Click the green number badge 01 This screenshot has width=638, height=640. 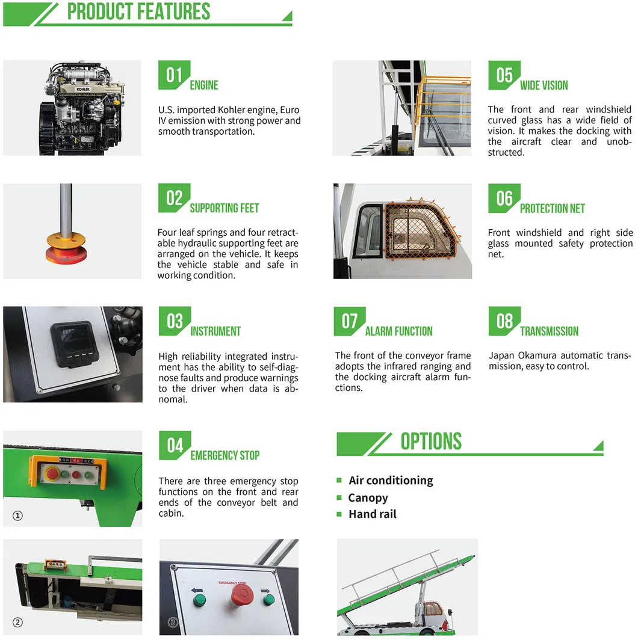(x=174, y=75)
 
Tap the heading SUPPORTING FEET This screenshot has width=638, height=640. (x=225, y=208)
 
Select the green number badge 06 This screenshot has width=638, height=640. (x=504, y=198)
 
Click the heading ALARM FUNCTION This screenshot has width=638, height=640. (x=398, y=331)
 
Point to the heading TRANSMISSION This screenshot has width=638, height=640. (x=549, y=331)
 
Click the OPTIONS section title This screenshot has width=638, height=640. (x=431, y=442)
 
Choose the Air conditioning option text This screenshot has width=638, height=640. (x=391, y=480)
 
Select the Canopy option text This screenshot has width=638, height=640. (x=368, y=497)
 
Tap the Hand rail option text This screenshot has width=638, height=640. (x=373, y=514)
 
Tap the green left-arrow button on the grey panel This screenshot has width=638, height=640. (x=199, y=600)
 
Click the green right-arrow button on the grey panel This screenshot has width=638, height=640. (x=268, y=600)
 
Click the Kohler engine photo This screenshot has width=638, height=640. (x=72, y=108)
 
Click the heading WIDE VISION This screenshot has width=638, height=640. (x=544, y=85)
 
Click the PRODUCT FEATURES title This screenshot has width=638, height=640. (x=138, y=11)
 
